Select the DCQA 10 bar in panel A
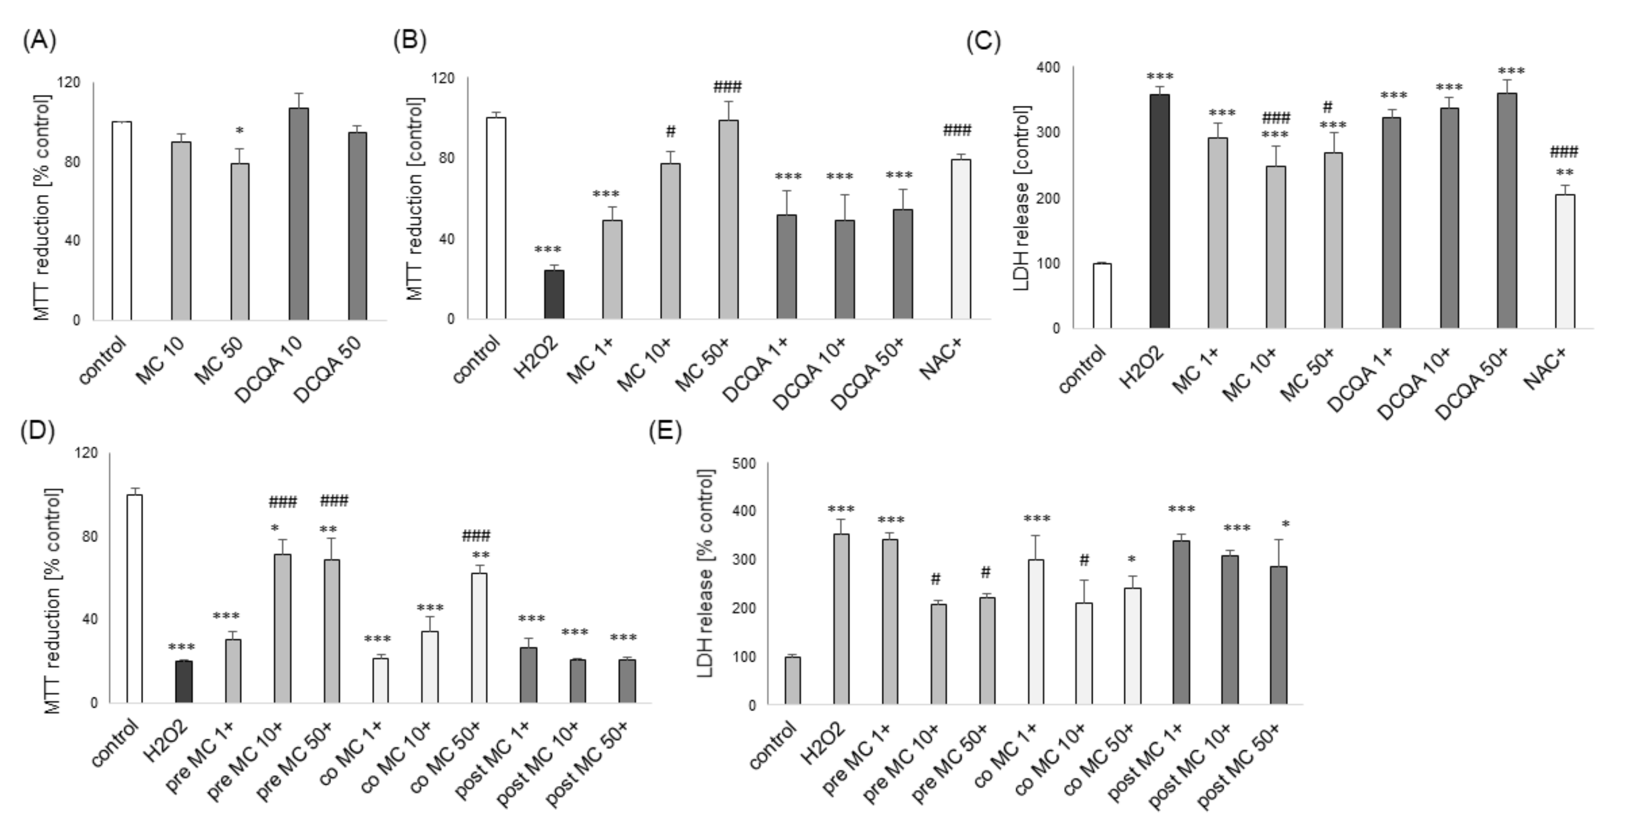pos(299,215)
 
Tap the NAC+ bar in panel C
pos(1565,262)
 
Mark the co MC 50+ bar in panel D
pos(480,638)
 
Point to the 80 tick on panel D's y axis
pos(90,536)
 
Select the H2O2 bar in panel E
pos(841,619)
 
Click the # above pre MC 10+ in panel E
pos(936,578)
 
